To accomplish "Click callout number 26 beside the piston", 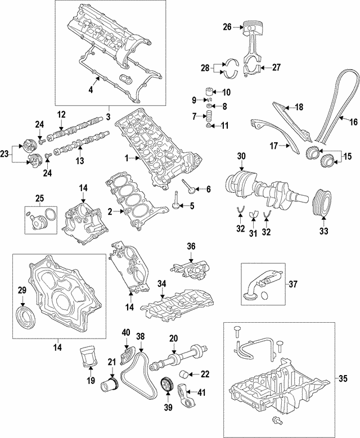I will (227, 26).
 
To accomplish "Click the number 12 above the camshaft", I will (62, 115).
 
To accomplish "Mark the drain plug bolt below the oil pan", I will (277, 421).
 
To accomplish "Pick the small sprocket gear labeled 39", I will (166, 387).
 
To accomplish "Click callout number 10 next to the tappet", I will (226, 92).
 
